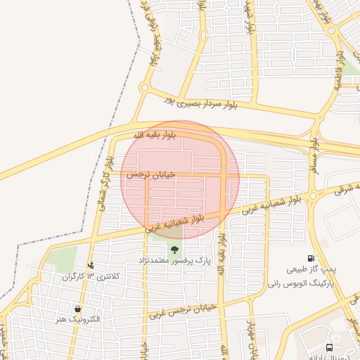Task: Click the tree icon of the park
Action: [174, 250]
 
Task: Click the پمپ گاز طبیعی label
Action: [311, 269]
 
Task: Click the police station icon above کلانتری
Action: [91, 265]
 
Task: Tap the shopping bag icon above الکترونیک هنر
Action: [77, 309]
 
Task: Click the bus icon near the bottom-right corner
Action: [330, 347]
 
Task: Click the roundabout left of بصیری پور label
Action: [145, 88]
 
